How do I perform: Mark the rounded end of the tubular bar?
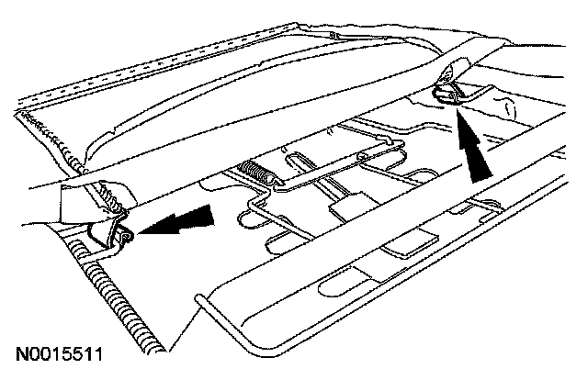[199, 298]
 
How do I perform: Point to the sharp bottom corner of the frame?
[166, 352]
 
